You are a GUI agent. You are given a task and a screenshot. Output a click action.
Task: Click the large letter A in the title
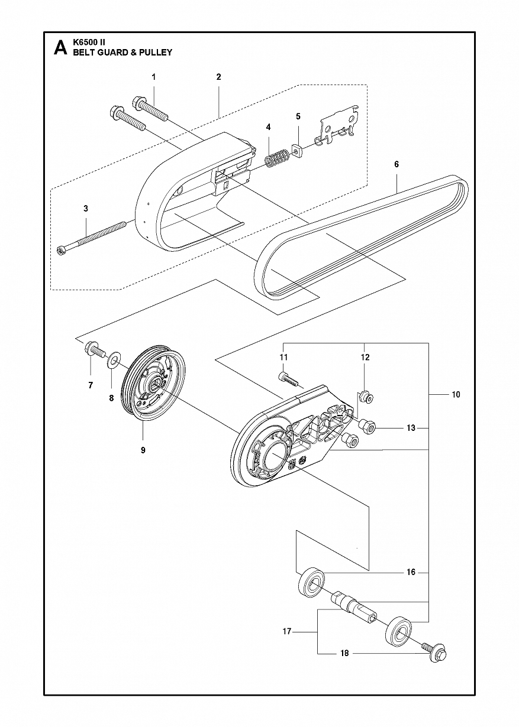click(60, 48)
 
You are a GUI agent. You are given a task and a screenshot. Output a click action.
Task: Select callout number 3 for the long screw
click(85, 209)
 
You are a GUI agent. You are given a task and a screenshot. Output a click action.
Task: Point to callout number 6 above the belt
click(396, 164)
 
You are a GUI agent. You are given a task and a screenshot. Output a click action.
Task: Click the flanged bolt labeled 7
click(95, 350)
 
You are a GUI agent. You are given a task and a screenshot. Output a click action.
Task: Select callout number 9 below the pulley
click(143, 450)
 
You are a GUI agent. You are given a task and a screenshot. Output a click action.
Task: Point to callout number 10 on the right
click(456, 394)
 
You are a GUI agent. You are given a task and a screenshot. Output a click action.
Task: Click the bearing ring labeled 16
click(311, 585)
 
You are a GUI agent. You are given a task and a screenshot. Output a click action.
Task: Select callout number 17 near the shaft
click(287, 632)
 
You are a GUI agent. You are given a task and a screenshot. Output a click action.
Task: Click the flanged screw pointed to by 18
click(435, 653)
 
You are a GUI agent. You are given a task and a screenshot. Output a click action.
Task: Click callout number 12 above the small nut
click(365, 358)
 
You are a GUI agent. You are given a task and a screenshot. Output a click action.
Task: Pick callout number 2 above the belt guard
click(218, 77)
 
